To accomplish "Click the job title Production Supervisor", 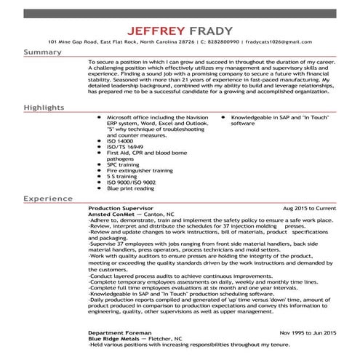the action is [x=116, y=208].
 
